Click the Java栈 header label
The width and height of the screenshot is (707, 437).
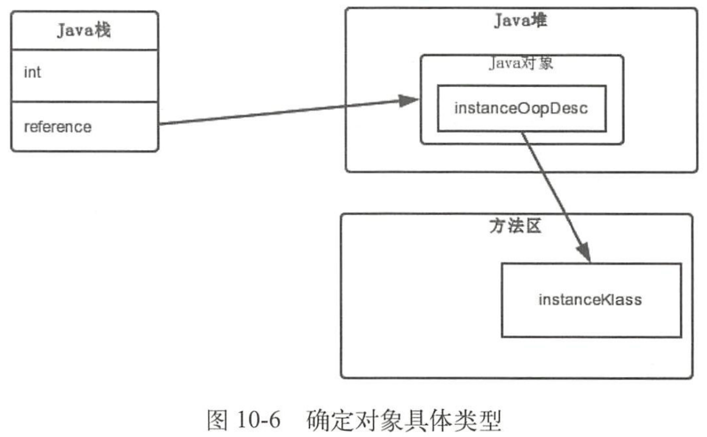(x=84, y=31)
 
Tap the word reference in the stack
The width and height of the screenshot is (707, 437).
(x=58, y=127)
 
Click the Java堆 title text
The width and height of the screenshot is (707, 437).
(x=521, y=22)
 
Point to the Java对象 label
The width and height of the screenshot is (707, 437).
(x=521, y=64)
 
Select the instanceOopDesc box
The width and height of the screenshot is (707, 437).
(x=521, y=108)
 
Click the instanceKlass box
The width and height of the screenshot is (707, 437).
(x=590, y=300)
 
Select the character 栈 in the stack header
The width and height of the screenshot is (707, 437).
(x=102, y=31)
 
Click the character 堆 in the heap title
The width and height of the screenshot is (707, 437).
(x=539, y=22)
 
